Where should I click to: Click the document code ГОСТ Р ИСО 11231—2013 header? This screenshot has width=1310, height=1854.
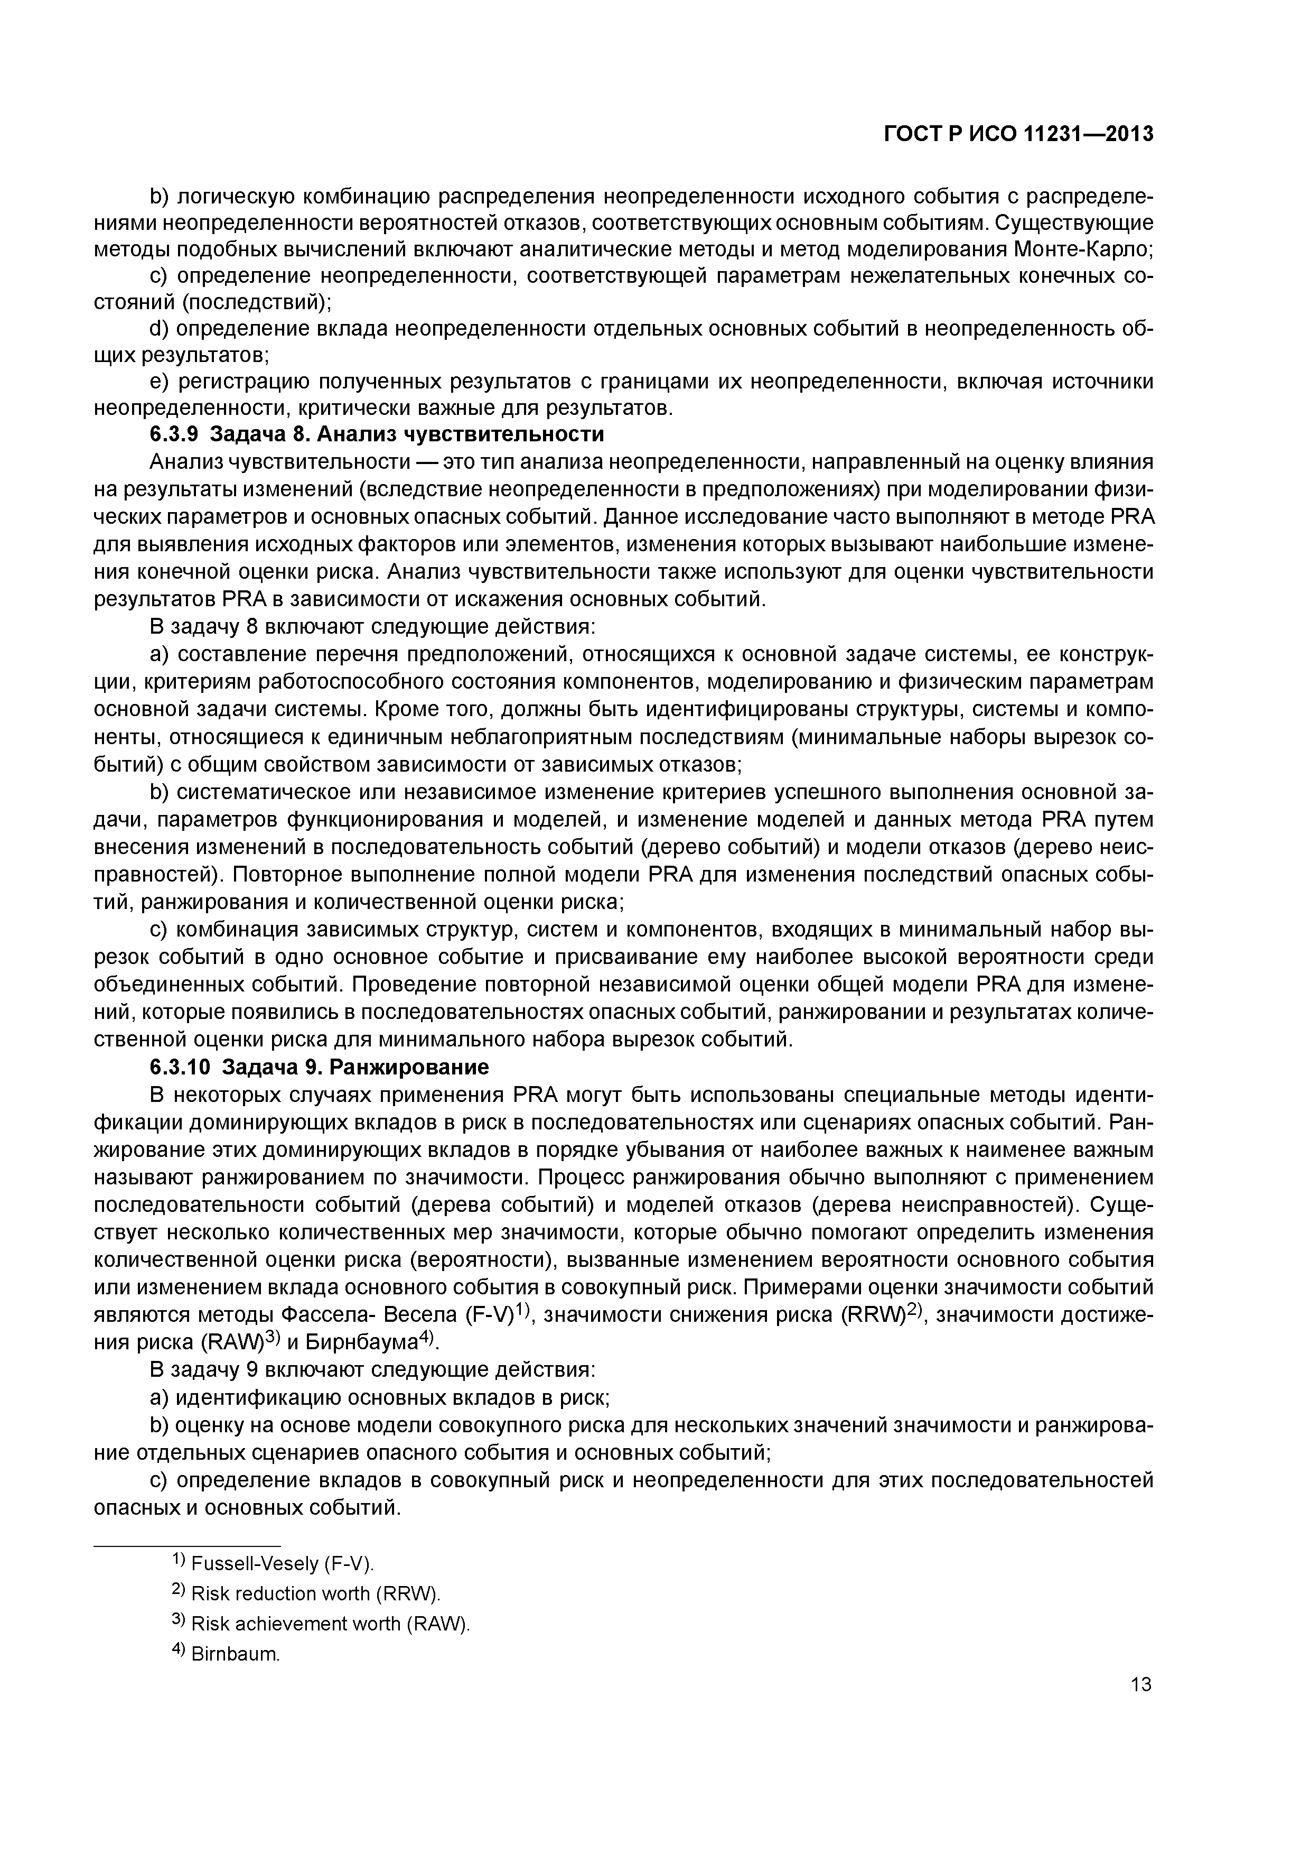[x=1018, y=134]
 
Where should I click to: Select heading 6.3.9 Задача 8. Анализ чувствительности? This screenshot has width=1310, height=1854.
[x=377, y=434]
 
